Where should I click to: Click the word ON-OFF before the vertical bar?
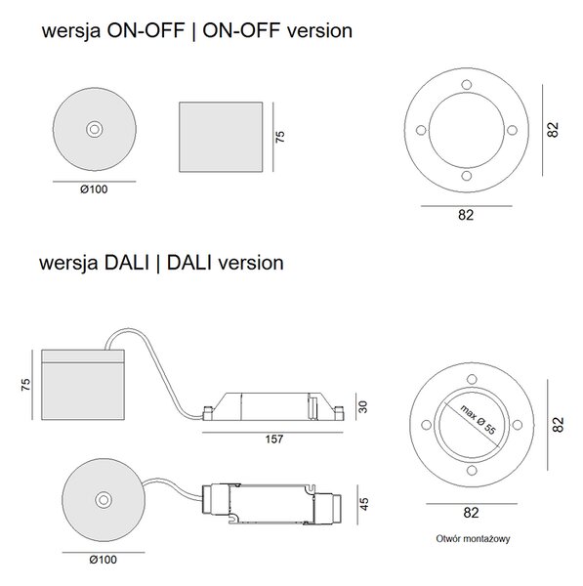(146, 30)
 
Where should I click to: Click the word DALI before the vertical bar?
(127, 263)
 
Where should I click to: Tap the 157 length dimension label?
(274, 439)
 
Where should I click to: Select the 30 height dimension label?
(363, 406)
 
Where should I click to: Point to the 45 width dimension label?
(363, 504)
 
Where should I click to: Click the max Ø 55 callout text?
(478, 420)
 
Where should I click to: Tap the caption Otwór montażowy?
(473, 538)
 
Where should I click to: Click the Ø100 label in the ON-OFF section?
(94, 189)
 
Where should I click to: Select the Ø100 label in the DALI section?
(104, 560)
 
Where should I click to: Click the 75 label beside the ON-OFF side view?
(280, 137)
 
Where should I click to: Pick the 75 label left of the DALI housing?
(25, 385)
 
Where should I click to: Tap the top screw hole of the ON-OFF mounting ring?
(467, 84)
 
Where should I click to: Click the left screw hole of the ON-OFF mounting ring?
(421, 130)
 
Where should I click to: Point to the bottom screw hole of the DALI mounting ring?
(472, 470)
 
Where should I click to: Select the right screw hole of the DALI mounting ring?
(518, 425)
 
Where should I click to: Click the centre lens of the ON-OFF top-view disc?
(95, 129)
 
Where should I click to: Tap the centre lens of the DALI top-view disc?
(104, 500)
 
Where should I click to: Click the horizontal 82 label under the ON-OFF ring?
(466, 215)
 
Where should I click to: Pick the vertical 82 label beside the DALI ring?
(558, 425)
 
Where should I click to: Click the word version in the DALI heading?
(251, 263)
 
